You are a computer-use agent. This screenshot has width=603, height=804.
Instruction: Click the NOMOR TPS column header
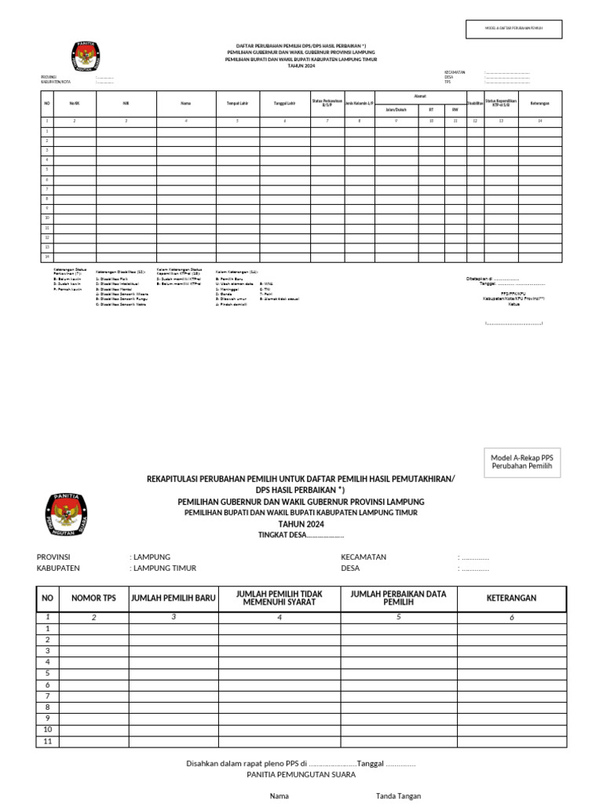click(x=93, y=598)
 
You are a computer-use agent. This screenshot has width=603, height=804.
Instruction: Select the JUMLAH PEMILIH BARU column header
click(x=173, y=598)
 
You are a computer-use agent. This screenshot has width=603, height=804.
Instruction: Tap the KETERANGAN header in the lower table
click(x=511, y=598)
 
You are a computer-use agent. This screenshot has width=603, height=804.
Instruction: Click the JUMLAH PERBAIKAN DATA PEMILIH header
click(x=398, y=598)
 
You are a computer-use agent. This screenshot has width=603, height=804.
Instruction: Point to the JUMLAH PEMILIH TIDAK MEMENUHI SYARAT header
click(x=279, y=598)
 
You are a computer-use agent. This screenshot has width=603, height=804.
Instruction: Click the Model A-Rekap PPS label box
click(x=521, y=462)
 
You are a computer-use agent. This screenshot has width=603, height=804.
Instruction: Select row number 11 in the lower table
click(x=47, y=741)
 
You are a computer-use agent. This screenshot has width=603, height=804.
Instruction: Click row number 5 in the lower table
click(x=47, y=674)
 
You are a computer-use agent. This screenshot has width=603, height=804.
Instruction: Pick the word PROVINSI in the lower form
click(x=53, y=557)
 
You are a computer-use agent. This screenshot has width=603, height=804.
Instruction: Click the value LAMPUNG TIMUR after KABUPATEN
click(x=165, y=568)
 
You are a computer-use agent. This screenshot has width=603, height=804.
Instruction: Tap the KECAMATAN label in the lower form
click(x=363, y=557)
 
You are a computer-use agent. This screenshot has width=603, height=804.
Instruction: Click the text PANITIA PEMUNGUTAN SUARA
click(x=301, y=775)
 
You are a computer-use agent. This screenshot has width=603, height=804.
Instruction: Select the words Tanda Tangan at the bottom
click(x=398, y=796)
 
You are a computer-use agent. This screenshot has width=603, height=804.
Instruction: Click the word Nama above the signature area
click(x=280, y=796)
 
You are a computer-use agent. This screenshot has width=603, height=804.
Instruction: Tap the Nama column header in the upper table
click(x=186, y=103)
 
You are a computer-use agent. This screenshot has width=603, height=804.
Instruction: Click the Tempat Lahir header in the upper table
click(x=238, y=103)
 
